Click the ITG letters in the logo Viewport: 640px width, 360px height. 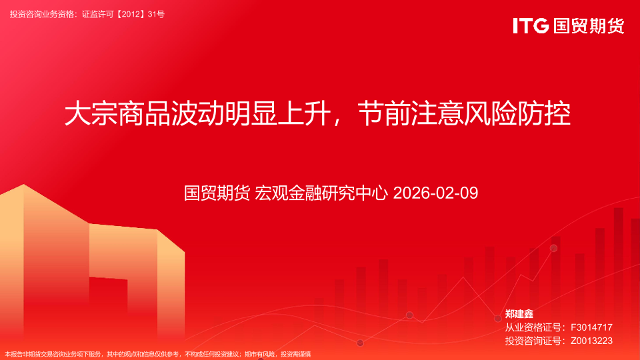[x=531, y=25]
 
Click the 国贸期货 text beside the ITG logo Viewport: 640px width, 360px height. [x=589, y=26]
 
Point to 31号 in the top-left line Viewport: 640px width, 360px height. [x=156, y=14]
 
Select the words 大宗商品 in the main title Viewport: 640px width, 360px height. [x=117, y=113]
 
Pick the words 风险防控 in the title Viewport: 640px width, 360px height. [x=517, y=113]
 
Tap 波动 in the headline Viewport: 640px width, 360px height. [x=197, y=113]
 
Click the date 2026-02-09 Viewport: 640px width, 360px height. [x=435, y=193]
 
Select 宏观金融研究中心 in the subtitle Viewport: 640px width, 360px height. [x=321, y=193]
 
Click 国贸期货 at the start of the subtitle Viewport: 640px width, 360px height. [x=217, y=193]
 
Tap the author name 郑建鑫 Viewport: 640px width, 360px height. [x=519, y=314]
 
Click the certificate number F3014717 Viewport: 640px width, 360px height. [x=591, y=327]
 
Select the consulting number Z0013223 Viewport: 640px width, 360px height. [x=591, y=341]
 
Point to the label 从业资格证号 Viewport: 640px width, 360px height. [x=533, y=327]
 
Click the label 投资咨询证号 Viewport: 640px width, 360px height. [x=533, y=341]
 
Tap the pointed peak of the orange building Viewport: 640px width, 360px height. [x=24, y=185]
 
